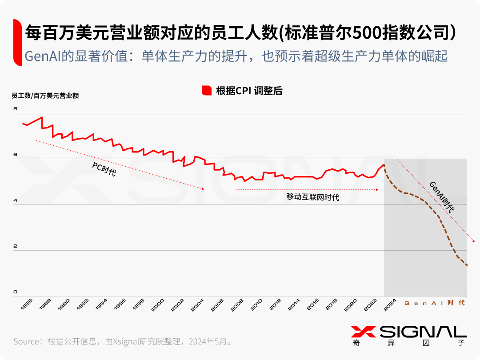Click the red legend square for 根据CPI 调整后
tap(206, 91)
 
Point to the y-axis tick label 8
tap(15, 109)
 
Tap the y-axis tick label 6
tap(15, 155)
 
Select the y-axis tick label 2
tap(15, 246)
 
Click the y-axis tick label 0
tap(15, 292)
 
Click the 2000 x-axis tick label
tap(158, 304)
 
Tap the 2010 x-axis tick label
tap(256, 304)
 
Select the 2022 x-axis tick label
tap(371, 304)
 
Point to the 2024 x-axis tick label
tap(390, 304)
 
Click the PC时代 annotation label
tap(104, 169)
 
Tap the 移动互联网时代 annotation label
tap(313, 197)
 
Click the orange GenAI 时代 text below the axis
tap(434, 303)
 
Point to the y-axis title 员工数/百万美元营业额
tap(45, 96)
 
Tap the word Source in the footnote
tap(27, 341)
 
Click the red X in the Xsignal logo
tap(363, 332)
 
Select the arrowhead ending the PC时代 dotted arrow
tap(203, 189)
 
